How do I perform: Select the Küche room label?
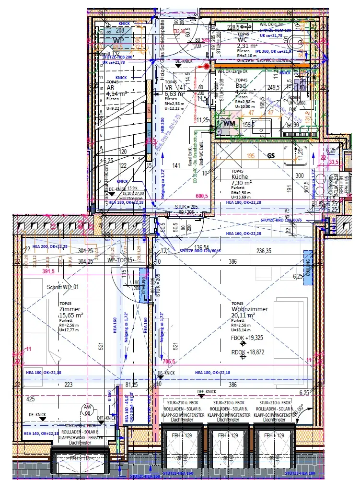(x=240, y=176)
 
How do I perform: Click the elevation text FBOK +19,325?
(x=248, y=338)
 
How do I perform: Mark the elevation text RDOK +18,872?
(x=248, y=351)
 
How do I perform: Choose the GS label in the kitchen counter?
(x=271, y=156)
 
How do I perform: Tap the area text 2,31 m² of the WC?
(x=248, y=47)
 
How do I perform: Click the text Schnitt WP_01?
(x=62, y=288)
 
